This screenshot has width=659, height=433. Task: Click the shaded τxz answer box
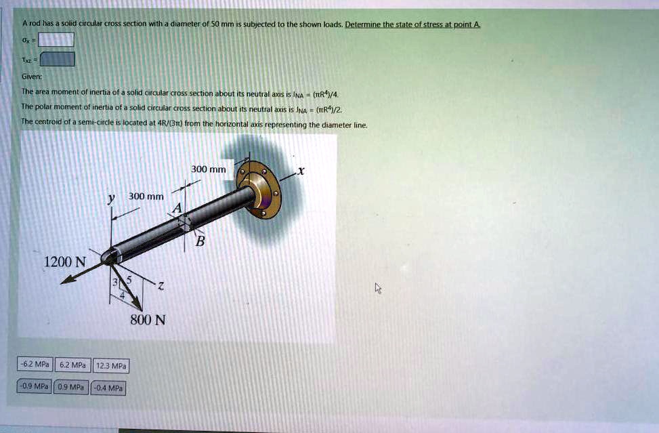coord(56,60)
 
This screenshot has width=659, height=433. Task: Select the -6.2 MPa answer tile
coord(35,365)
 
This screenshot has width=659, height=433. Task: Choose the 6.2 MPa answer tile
coord(72,365)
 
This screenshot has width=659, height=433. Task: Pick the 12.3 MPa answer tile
coord(111,366)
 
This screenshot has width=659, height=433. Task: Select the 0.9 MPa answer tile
coord(71,388)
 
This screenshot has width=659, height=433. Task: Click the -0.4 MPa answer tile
coord(108,388)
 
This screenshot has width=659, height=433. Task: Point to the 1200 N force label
coord(65,262)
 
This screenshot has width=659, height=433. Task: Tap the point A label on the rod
coord(177,209)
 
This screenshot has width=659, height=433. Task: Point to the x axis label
coord(301,171)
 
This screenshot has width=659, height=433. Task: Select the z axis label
coord(161,287)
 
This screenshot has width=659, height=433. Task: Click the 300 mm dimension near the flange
coord(209,169)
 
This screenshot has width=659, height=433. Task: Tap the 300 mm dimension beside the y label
coord(146,197)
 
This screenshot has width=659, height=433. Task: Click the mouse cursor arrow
coord(379,289)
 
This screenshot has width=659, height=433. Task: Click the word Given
coord(30,77)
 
